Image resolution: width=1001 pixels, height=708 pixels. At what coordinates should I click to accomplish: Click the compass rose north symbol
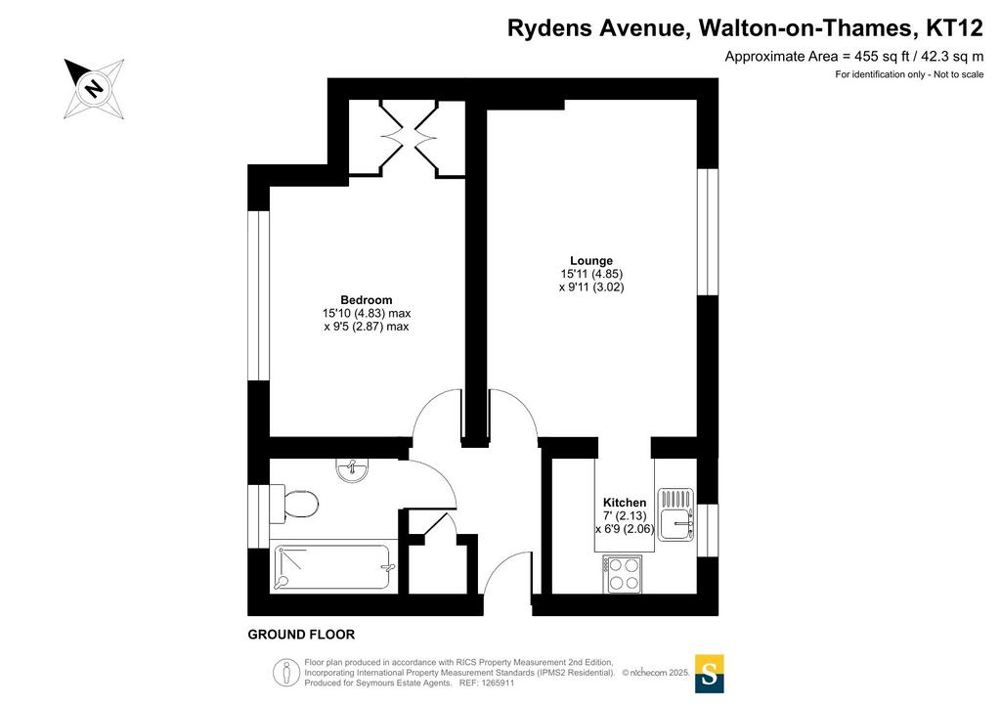(94, 88)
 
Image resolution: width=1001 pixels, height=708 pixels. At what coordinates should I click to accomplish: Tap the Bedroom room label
(366, 300)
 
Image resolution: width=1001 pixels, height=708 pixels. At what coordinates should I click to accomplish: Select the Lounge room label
(591, 260)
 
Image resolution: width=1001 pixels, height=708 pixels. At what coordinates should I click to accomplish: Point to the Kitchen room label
(625, 503)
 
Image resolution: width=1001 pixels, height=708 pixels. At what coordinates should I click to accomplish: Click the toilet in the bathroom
(294, 504)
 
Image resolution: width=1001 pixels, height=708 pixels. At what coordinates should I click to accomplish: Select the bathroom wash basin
(351, 470)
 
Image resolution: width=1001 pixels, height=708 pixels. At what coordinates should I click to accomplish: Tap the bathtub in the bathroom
(331, 567)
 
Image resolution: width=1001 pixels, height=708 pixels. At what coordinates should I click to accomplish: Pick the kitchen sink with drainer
(675, 514)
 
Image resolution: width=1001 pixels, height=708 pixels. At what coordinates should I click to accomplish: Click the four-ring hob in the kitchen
(623, 574)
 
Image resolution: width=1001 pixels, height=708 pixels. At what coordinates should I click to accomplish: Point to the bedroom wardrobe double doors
(410, 137)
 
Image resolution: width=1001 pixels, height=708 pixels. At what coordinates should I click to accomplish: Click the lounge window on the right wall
(708, 231)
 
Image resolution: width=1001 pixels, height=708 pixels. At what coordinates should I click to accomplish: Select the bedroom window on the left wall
(258, 295)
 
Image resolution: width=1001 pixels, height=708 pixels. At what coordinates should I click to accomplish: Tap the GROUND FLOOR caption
(301, 635)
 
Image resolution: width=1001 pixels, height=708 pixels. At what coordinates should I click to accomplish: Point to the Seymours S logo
(709, 674)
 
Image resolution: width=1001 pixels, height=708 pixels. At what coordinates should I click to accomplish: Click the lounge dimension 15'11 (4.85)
(591, 274)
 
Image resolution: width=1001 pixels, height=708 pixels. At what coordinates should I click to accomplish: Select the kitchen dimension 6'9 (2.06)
(625, 529)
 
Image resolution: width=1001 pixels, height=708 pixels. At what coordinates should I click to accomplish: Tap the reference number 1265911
(497, 684)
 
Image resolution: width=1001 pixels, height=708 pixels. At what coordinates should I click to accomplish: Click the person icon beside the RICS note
(286, 673)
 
